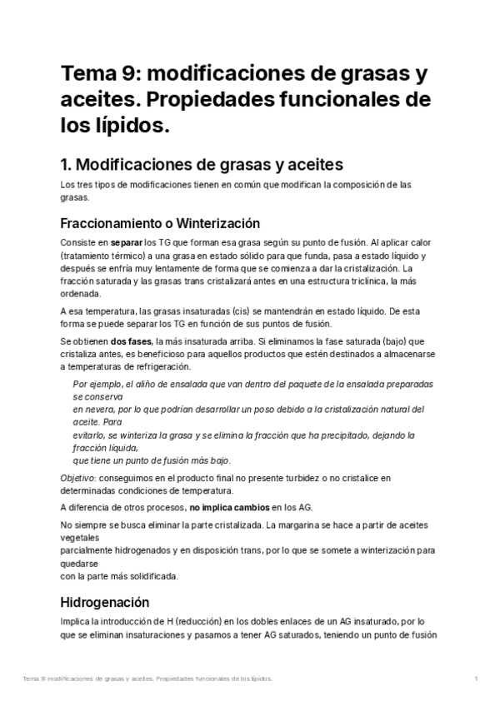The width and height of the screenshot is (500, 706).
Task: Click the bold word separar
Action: pos(117,242)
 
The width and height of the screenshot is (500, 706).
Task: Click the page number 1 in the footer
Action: pos(476,679)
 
